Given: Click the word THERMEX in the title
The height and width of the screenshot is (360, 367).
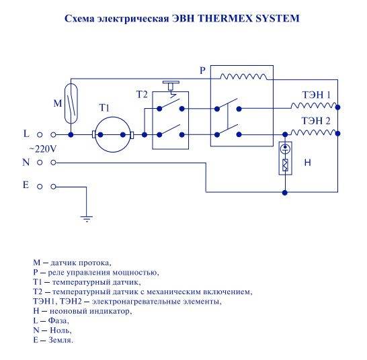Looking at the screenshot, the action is tap(225, 18).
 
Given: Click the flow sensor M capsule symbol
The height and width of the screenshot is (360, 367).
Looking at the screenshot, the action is tap(71, 103).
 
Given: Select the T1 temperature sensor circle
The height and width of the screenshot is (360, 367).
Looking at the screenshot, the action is tap(113, 134).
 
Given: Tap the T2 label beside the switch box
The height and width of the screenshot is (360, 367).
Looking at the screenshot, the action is tap(142, 95).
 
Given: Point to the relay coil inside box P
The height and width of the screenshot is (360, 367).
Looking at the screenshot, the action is tap(243, 77).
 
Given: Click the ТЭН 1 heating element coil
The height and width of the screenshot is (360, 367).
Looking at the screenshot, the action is tap(315, 105).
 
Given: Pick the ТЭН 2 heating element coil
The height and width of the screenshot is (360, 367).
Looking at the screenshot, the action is tap(315, 132).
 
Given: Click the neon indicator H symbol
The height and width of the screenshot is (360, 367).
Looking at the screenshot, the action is tap(285, 158).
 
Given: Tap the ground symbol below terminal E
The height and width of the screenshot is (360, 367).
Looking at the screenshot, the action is tap(86, 218).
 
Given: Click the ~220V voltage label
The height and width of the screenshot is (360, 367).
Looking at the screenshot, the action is tap(43, 149).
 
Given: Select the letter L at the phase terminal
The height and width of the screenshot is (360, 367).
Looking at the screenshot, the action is tap(26, 134).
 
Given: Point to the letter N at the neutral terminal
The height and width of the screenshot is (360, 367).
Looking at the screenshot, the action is tap(26, 162).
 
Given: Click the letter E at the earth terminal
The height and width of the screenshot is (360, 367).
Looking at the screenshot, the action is tap(26, 185).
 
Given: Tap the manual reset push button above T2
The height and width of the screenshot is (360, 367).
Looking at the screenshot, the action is tap(171, 85).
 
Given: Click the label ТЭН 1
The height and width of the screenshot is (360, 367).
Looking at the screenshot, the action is tap(317, 95).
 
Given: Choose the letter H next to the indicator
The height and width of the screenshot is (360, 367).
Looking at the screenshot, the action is tap(308, 163).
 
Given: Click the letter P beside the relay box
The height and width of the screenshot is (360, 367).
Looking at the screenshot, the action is tap(202, 71).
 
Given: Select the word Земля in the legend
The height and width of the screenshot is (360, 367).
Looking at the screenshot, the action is tap(60, 340).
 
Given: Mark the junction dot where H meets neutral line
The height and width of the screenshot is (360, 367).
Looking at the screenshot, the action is tap(285, 193).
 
